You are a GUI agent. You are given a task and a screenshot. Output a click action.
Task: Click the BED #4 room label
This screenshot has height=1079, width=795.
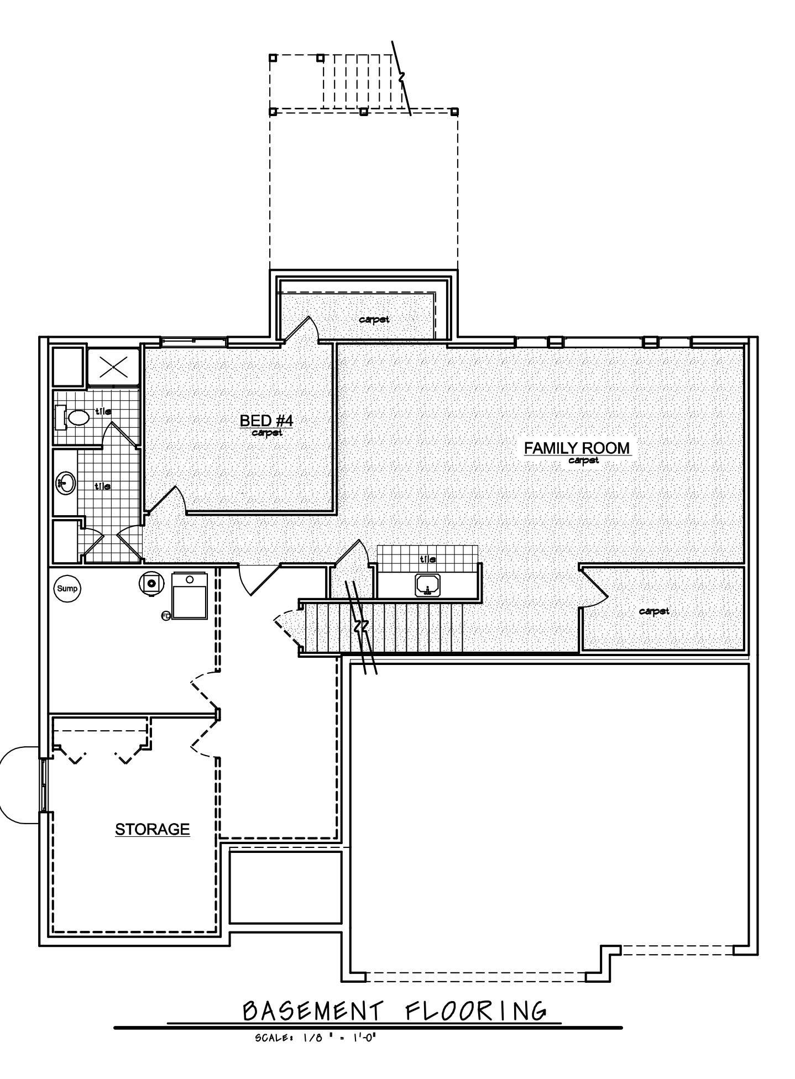pos(266,421)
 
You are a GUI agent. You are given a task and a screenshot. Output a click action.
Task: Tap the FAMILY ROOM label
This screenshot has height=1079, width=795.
pos(577,448)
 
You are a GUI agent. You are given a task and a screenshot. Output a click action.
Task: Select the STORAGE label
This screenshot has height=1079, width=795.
pos(153,829)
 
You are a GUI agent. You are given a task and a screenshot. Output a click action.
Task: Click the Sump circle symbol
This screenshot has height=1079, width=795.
pos(67,589)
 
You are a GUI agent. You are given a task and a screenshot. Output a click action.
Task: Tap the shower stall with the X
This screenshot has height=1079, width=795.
pos(113,366)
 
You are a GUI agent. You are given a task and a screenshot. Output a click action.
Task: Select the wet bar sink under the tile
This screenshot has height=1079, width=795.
pos(427,584)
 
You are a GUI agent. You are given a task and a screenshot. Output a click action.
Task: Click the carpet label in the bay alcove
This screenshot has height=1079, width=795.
pos(374,319)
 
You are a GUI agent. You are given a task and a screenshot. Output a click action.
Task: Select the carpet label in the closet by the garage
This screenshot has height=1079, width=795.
pos(654,611)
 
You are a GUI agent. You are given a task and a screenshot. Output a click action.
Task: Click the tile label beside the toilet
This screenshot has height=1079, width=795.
pos(103,411)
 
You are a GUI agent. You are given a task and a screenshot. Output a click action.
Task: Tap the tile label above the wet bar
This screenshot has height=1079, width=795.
pos(427,559)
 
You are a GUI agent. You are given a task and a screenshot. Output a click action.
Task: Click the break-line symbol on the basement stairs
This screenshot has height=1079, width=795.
pos(362,626)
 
